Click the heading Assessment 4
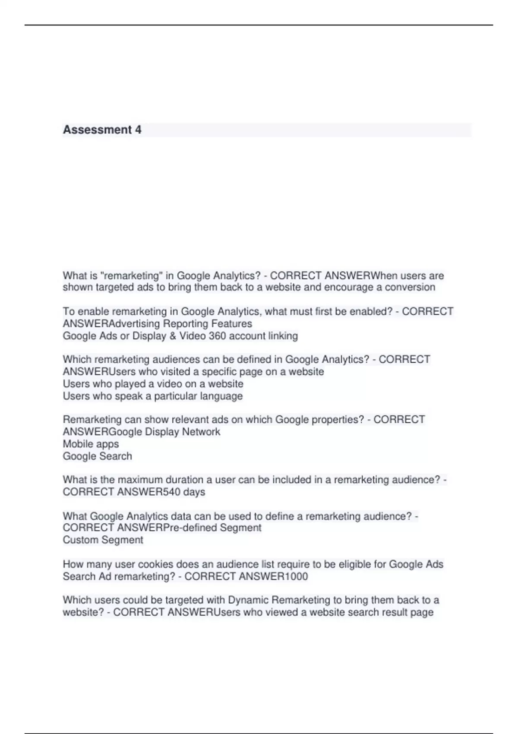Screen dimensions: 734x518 point(102,130)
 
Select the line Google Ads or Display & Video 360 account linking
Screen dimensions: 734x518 point(180,336)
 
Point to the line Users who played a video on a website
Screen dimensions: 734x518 point(153,384)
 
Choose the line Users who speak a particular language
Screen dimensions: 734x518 point(152,396)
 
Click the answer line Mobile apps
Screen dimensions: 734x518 point(91,444)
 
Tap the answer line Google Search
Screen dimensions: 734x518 point(97,456)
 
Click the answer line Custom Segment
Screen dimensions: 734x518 point(103,540)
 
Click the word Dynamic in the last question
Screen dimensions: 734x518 point(247,600)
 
